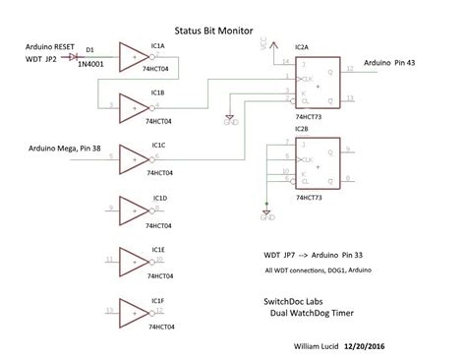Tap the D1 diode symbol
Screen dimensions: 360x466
pos(74,57)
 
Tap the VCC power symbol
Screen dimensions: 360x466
pos(262,46)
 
